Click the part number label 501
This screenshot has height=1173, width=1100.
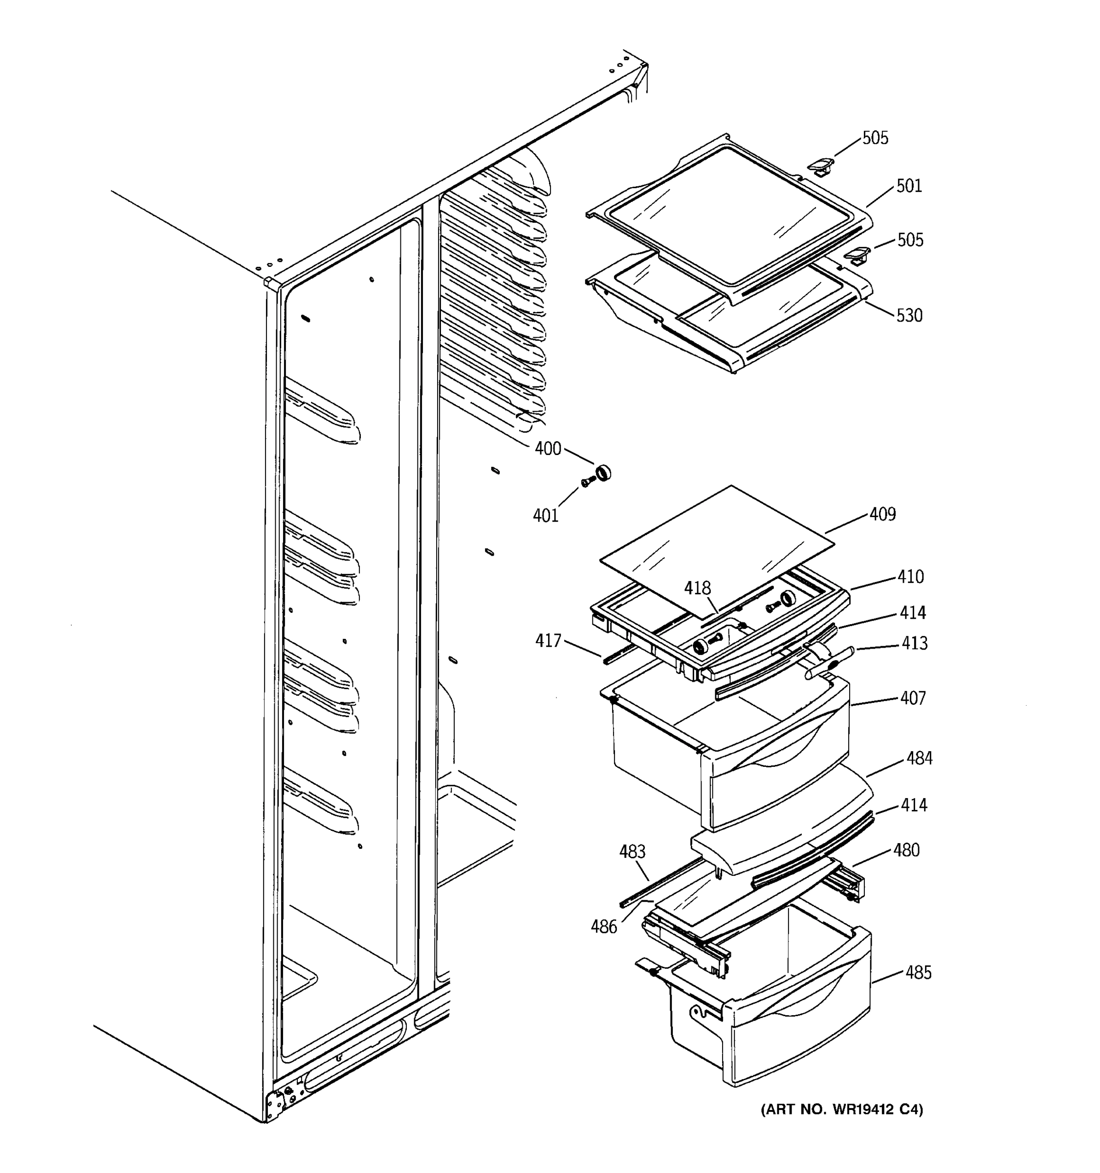pos(909,186)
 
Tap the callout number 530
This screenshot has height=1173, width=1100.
pos(909,316)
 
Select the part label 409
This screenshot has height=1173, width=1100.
pos(882,515)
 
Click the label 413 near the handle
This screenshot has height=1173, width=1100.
pos(914,643)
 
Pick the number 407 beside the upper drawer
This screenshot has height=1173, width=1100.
pos(913,698)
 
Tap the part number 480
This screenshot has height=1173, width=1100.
pos(906,850)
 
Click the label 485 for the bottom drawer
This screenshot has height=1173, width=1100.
pos(918,973)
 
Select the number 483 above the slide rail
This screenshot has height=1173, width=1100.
pos(632,851)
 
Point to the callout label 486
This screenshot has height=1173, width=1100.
pos(604,927)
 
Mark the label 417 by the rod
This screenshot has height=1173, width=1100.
pos(548,640)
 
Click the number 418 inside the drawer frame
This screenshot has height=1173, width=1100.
pos(698,588)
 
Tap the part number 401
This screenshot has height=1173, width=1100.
pos(545,516)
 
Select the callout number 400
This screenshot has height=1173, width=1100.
pos(548,449)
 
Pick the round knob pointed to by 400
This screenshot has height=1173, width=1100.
pos(602,473)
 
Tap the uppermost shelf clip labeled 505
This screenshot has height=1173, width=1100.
pos(820,165)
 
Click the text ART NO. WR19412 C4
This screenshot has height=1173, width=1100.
pos(841,1109)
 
